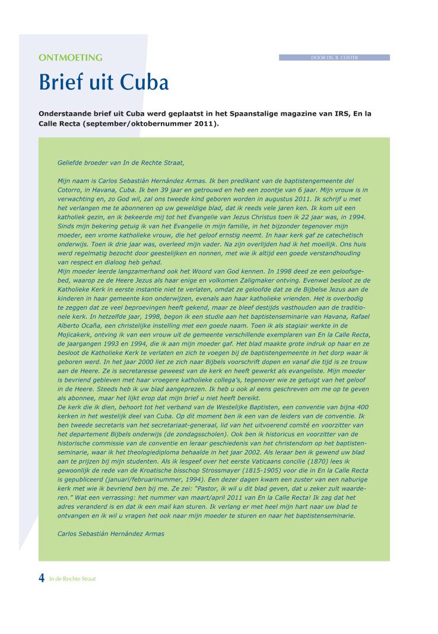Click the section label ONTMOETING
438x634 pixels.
pyautogui.click(x=70, y=58)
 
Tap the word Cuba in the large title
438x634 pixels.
pyautogui.click(x=144, y=82)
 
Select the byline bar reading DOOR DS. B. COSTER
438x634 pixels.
pyautogui.click(x=334, y=58)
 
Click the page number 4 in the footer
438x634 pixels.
pyautogui.click(x=42, y=579)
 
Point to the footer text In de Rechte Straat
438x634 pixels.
pyautogui.click(x=72, y=579)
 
